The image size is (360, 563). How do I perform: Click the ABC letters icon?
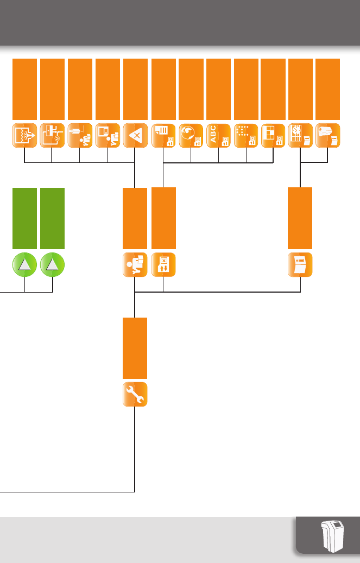[219, 136]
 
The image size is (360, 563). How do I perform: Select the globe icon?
[191, 136]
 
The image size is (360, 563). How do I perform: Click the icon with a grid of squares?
[273, 136]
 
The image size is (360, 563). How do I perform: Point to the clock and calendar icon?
[300, 136]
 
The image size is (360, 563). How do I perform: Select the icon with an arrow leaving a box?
[25, 136]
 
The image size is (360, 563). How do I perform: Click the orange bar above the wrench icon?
[135, 348]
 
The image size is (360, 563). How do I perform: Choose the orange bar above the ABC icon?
[219, 89]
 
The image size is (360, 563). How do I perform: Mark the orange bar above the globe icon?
[191, 89]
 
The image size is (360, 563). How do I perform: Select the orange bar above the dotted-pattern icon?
[246, 89]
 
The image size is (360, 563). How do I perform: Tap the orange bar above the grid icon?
[273, 89]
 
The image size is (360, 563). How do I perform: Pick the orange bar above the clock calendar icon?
[300, 89]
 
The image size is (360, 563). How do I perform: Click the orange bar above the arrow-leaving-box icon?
[25, 89]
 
